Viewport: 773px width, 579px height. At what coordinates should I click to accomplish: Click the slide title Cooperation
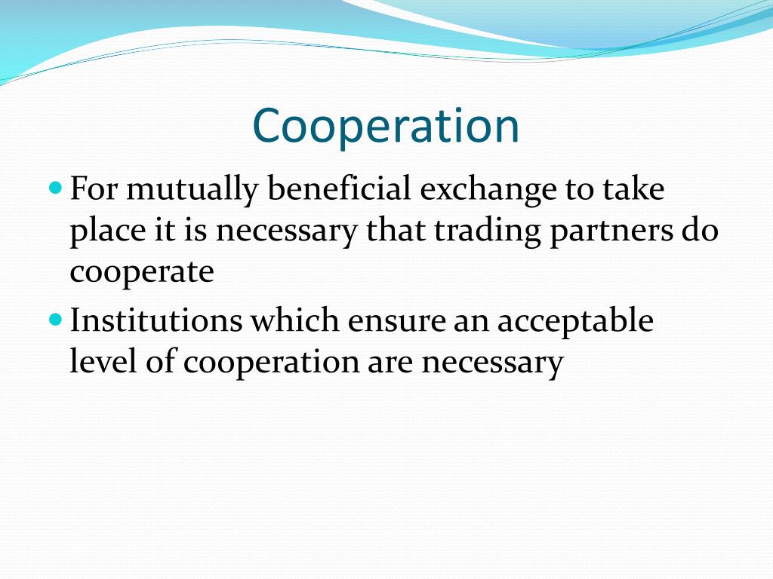point(386,125)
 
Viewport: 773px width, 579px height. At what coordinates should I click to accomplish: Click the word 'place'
point(102,231)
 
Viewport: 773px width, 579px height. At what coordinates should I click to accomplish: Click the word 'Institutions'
point(156,320)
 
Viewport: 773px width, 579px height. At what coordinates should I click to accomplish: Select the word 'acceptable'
point(575,322)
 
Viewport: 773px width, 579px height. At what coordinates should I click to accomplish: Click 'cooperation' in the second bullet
point(273,363)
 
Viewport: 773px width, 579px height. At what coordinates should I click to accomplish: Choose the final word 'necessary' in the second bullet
point(492,363)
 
